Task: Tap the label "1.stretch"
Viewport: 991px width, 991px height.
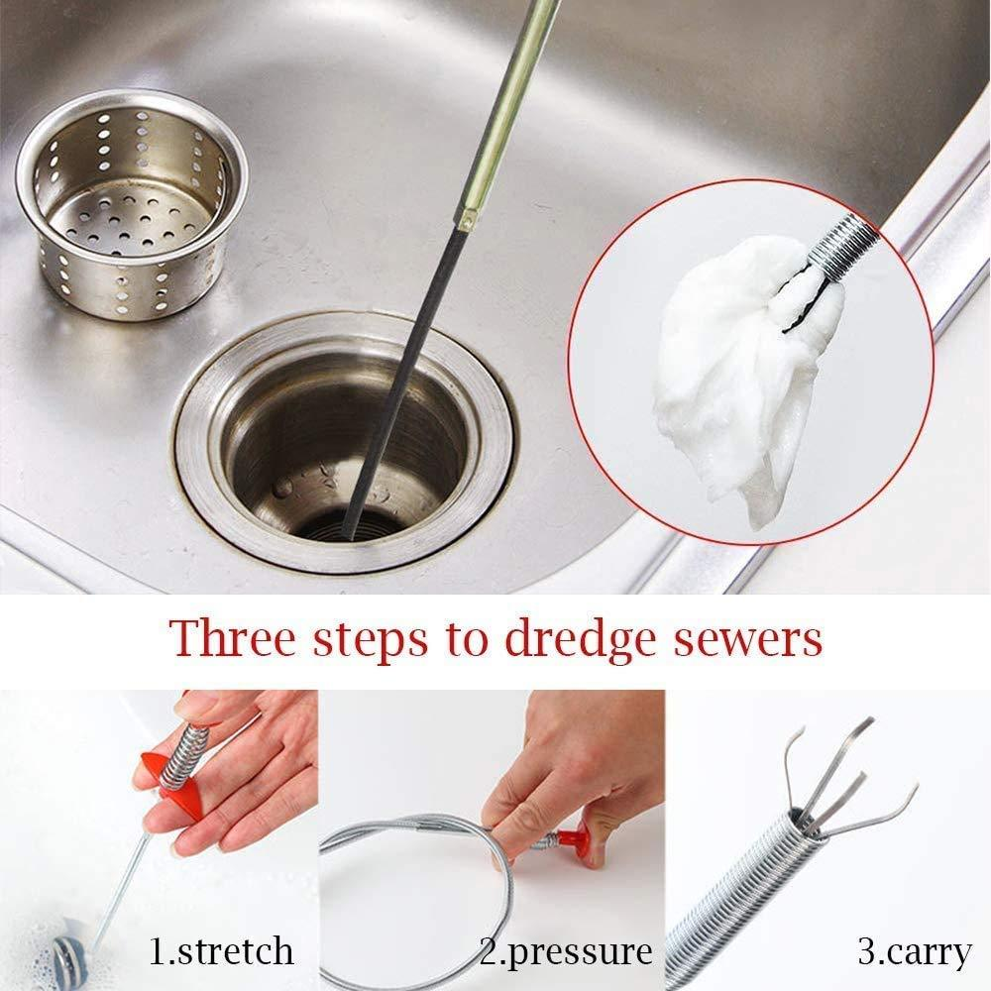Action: click(221, 951)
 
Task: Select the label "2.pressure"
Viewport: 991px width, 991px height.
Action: click(567, 952)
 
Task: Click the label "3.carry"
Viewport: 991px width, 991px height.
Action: click(915, 952)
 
